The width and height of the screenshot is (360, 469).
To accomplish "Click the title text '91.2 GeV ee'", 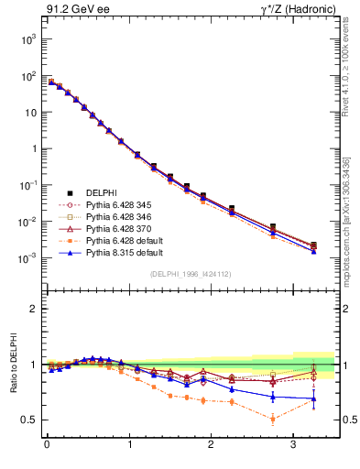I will click(72, 10).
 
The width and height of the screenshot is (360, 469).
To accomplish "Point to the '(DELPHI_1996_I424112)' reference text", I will click(191, 273).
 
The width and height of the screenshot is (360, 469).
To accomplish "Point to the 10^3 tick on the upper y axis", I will click(27, 39).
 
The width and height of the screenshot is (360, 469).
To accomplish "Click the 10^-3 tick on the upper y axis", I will click(27, 258).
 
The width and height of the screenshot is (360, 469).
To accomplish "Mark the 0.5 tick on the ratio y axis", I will click(27, 420).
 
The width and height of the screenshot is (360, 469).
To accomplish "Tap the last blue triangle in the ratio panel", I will click(313, 398).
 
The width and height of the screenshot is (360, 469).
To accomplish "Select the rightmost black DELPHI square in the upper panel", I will click(313, 245).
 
